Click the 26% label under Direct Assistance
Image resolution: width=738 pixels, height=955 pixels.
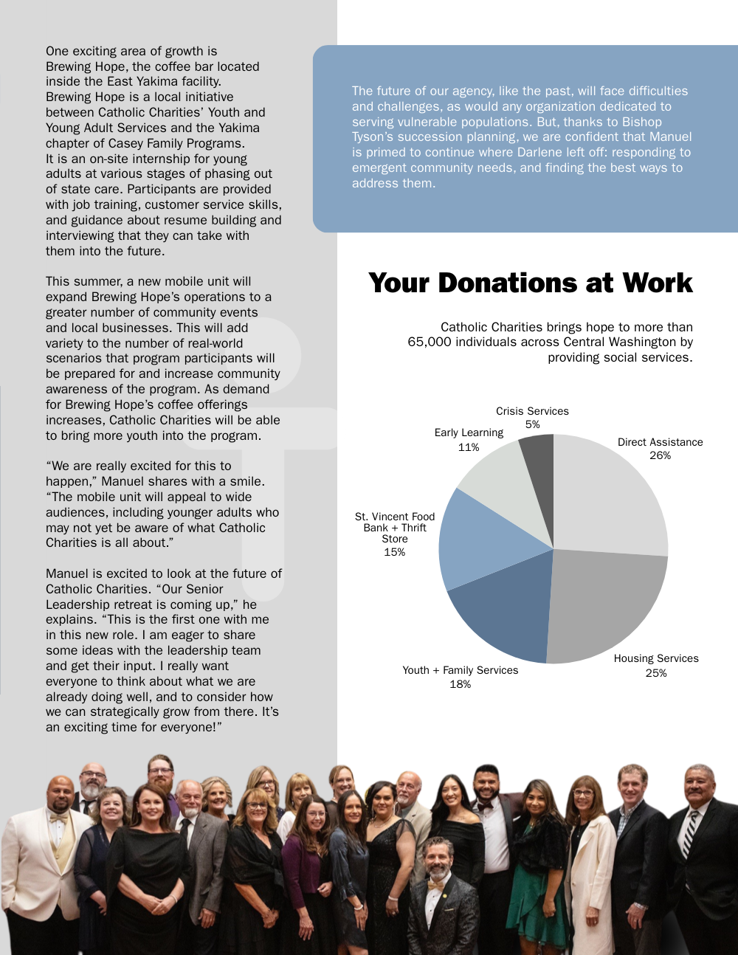tap(660, 455)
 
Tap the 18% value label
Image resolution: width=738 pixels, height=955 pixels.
tap(460, 684)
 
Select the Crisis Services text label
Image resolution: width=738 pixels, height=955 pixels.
tap(532, 411)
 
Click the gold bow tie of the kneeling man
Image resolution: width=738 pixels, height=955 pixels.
tap(437, 883)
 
